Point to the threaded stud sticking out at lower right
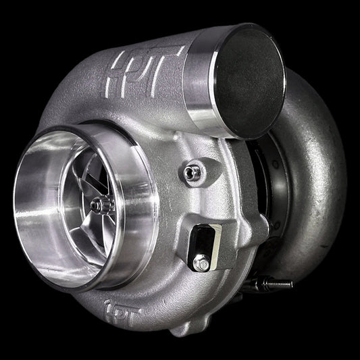click(x=284, y=284)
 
